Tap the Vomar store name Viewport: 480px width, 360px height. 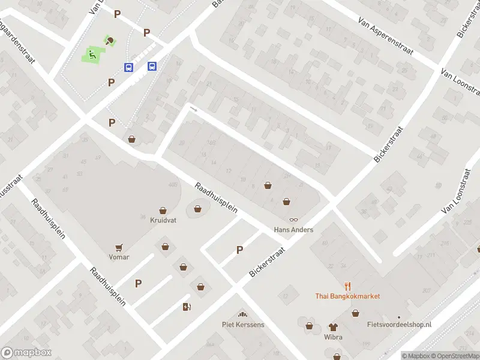[x=119, y=257]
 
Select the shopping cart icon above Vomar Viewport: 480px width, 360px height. [x=119, y=247]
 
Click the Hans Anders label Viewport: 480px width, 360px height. [x=293, y=230]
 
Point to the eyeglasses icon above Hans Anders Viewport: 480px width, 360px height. [x=293, y=220]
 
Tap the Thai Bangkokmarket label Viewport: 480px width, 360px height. [x=347, y=296]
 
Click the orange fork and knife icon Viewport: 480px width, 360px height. [x=347, y=286]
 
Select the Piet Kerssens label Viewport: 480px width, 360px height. [x=243, y=325]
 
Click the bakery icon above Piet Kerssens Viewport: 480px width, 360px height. [x=243, y=315]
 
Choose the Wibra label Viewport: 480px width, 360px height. [x=334, y=337]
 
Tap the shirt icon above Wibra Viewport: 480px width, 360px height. [x=334, y=327]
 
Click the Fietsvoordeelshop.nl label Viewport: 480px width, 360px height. [x=399, y=325]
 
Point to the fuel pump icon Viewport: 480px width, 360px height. [x=187, y=307]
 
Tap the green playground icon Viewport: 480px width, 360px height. [x=92, y=55]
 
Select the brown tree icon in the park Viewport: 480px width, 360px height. [x=109, y=41]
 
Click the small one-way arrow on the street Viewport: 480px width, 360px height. [x=193, y=109]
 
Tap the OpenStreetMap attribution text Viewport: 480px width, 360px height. [x=455, y=356]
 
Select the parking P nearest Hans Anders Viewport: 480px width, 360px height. [x=239, y=250]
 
